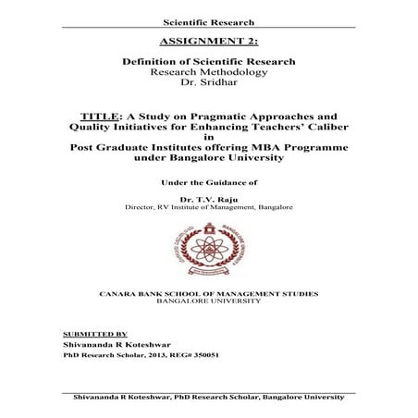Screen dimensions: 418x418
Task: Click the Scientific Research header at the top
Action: (x=208, y=19)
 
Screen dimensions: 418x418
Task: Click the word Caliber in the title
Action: (x=307, y=130)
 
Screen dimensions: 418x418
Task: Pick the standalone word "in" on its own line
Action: (x=208, y=143)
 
